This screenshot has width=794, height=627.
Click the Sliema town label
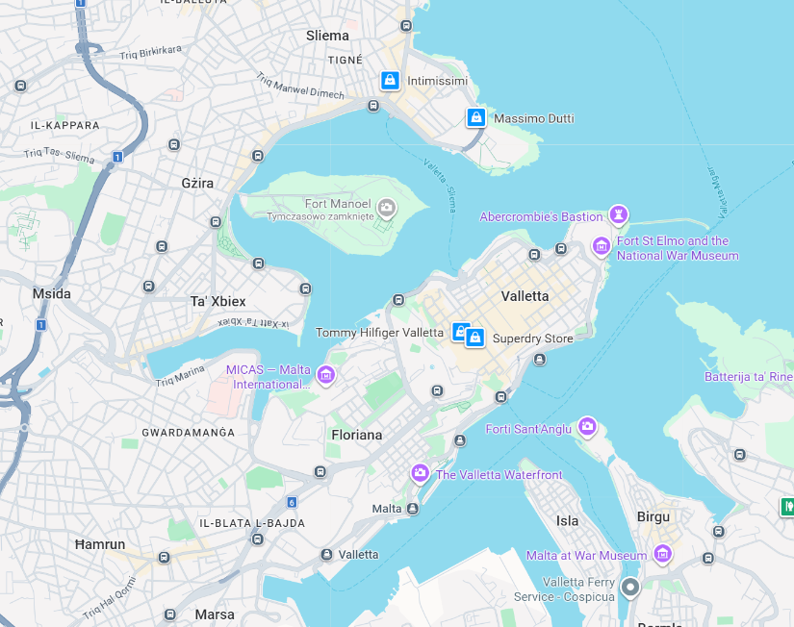click(x=327, y=36)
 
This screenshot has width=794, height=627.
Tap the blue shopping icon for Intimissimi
click(x=390, y=81)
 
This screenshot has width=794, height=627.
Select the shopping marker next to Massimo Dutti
click(x=475, y=118)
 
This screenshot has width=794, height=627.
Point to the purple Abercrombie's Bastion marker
click(x=620, y=213)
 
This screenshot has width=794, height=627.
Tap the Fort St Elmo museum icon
click(x=602, y=247)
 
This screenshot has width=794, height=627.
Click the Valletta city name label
click(x=525, y=296)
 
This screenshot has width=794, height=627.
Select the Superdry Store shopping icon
click(x=474, y=339)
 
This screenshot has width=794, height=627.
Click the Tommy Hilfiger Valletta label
click(x=379, y=333)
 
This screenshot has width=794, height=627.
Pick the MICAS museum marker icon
click(x=325, y=374)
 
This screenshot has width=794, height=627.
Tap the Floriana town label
click(x=357, y=435)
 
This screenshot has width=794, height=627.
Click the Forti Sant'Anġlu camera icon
click(x=587, y=427)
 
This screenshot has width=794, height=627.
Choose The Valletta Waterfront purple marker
click(x=420, y=473)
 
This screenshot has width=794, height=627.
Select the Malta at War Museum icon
click(x=662, y=554)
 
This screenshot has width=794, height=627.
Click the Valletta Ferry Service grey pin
click(x=630, y=587)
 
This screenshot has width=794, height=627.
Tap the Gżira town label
click(x=197, y=183)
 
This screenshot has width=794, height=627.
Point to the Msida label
click(x=52, y=293)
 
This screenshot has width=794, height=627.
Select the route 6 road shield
click(x=292, y=502)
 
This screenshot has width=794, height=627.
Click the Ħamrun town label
click(x=100, y=544)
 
